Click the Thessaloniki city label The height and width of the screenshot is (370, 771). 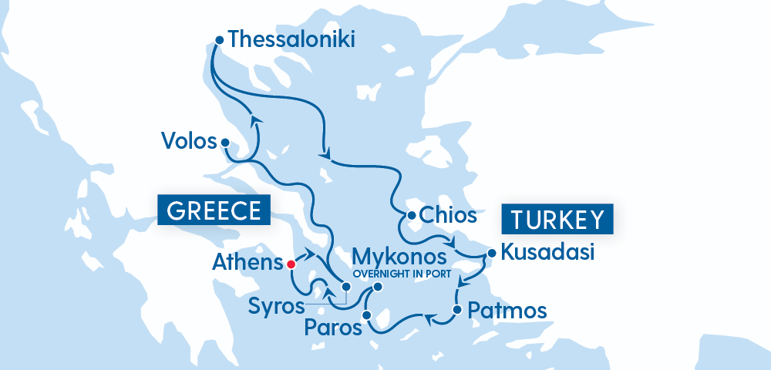tap(292, 39)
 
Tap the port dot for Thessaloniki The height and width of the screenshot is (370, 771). tap(219, 40)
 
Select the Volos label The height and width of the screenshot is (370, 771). tap(187, 140)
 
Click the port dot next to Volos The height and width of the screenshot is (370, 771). tap(224, 143)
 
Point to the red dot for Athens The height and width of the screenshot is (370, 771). tap(291, 264)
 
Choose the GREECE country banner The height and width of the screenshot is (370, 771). tap(214, 210)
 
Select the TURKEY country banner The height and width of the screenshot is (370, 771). tap(557, 219)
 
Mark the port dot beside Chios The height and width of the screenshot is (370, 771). tap(412, 215)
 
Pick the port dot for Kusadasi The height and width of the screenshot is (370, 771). tap(491, 252)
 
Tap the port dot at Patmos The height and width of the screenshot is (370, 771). tap(456, 311)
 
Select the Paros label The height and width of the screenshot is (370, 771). tap(332, 328)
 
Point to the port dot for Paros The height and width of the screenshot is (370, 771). tap(367, 314)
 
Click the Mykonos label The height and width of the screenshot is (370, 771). tap(399, 256)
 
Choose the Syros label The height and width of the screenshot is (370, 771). tap(276, 305)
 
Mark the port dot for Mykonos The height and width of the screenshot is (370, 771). tap(378, 287)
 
